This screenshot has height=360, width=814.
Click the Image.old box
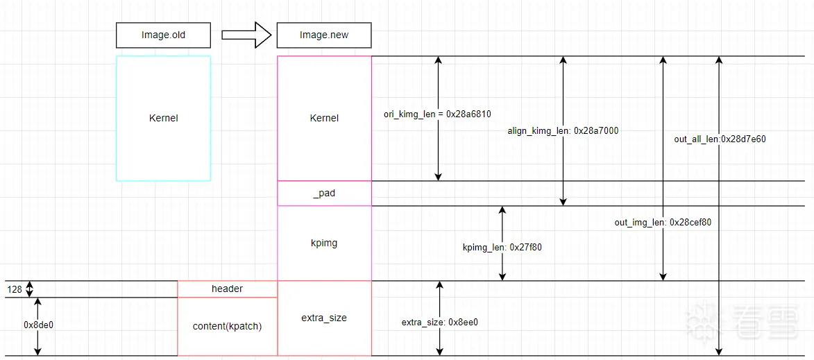[x=163, y=35]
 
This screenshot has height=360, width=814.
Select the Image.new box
[x=324, y=35]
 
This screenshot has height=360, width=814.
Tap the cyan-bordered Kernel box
[x=163, y=118]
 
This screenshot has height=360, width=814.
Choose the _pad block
[x=324, y=194]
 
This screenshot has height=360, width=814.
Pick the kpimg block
[x=324, y=243]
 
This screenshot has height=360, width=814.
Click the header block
[x=227, y=289]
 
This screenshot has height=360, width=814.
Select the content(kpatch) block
[x=227, y=326]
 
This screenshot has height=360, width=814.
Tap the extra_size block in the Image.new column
[x=324, y=318]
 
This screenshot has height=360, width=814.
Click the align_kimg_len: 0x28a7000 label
[x=563, y=130]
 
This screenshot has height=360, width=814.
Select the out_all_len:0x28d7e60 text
[x=720, y=139]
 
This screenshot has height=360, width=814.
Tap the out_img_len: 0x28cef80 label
[x=663, y=223]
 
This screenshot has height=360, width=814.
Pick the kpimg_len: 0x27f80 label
[x=502, y=246]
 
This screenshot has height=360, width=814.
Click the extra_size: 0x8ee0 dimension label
[x=439, y=322]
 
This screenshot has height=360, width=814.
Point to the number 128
[x=15, y=289]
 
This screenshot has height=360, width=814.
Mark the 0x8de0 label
[x=38, y=324]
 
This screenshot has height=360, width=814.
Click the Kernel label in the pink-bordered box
[x=324, y=118]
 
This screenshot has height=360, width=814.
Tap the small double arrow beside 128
[x=31, y=289]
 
